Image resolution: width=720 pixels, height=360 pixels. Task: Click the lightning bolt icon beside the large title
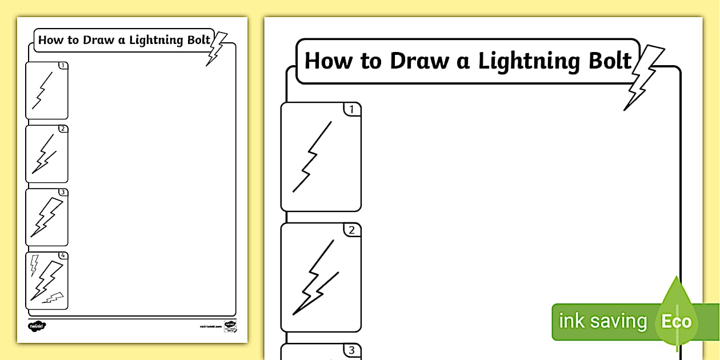(644, 78)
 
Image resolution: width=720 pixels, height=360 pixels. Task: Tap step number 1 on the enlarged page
(352, 109)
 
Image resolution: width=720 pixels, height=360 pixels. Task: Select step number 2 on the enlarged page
(352, 230)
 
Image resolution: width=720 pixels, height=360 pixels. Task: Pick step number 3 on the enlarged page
(352, 350)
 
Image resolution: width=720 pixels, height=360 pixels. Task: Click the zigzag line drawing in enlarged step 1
(311, 157)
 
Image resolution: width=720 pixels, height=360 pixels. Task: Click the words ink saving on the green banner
(602, 321)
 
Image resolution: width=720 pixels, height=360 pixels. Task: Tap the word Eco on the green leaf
(676, 321)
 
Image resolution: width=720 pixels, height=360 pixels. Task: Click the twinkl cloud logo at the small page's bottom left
(37, 326)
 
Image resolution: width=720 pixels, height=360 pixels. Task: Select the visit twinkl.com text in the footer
(210, 326)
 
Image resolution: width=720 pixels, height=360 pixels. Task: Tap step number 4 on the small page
(63, 255)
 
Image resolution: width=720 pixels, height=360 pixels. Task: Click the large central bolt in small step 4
(47, 280)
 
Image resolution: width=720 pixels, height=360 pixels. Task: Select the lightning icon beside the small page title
(215, 49)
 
